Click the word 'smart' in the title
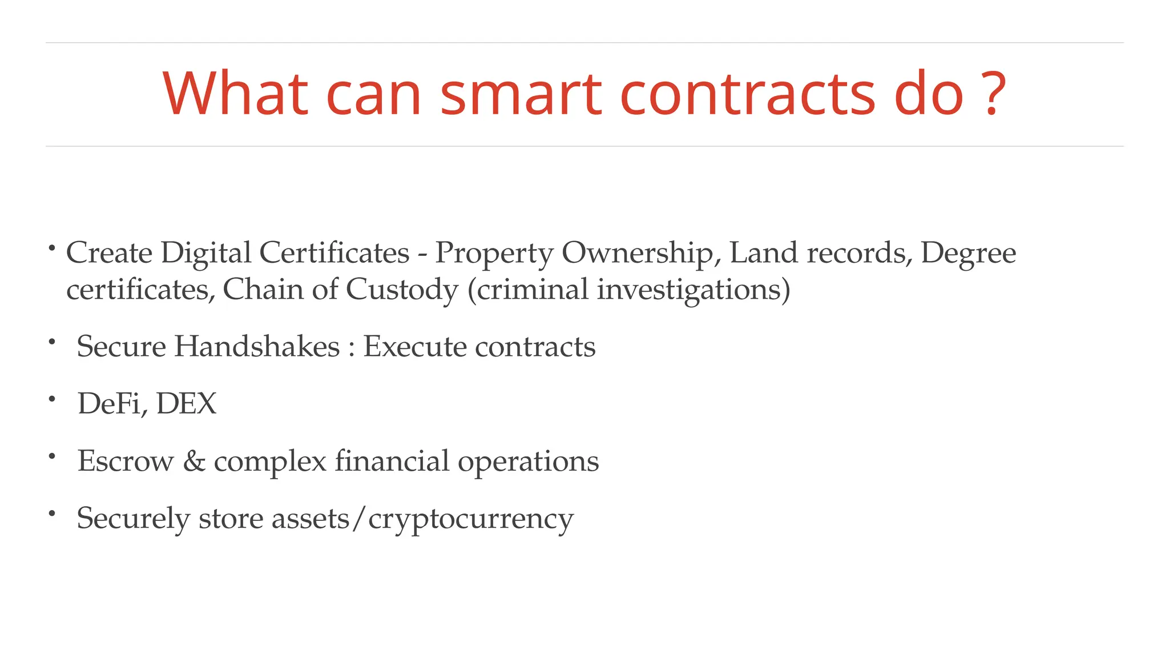coord(521,94)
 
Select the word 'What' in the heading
coord(235,94)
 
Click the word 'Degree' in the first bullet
coord(968,253)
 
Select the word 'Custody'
coord(402,290)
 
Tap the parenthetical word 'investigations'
coord(689,290)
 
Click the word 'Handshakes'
coord(257,347)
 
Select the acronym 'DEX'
coord(187,404)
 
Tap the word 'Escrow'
coord(126,461)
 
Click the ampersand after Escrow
coord(194,461)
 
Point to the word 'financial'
coord(392,461)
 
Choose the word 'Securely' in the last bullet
coord(133,519)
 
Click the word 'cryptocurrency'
coord(471,519)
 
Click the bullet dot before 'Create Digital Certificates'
coord(51,248)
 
